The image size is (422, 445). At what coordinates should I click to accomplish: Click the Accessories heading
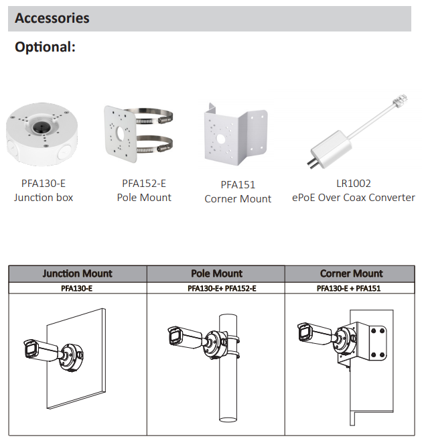coord(52,18)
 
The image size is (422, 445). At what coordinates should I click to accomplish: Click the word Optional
coord(45,47)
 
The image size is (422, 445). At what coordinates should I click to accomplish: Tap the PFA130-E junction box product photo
coord(42,135)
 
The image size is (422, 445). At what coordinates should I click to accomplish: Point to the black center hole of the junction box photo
coord(40,127)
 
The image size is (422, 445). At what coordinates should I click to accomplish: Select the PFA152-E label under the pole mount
coord(144,184)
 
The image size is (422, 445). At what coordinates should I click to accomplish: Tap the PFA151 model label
coord(238,185)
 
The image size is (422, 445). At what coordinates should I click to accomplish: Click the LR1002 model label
coord(354,184)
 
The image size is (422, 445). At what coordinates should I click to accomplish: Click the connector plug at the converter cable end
coord(400,100)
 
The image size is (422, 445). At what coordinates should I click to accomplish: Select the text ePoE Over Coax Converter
coord(354,198)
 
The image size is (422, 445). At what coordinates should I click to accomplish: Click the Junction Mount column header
coord(78,273)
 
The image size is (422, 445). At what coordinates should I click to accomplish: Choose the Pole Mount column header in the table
coord(216,273)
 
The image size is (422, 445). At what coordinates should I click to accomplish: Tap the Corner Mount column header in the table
coord(352,273)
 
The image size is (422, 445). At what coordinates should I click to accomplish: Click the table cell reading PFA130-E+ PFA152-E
coord(222,288)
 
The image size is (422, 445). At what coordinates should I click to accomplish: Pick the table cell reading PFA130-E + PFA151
coord(348,288)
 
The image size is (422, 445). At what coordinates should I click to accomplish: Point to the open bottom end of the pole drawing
coord(228,419)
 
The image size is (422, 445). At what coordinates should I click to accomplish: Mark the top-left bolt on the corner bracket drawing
coord(374,331)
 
